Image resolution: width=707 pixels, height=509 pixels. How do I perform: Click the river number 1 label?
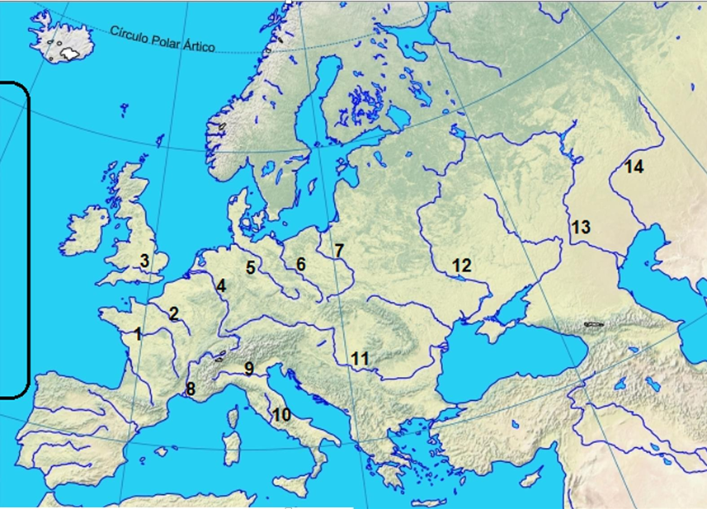137,334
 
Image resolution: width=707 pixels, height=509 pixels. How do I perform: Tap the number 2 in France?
174,313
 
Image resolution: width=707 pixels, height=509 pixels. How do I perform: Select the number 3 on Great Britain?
144,262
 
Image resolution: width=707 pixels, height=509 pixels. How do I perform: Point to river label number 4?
221,286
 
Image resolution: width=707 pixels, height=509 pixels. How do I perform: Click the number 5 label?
250,266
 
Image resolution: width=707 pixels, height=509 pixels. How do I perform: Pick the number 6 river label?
300,265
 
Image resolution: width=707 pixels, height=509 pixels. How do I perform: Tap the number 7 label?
338,249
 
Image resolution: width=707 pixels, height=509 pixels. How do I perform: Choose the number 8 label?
191,389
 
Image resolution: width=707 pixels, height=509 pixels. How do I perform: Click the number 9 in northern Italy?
248,369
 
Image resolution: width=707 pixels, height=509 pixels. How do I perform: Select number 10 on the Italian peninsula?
281,414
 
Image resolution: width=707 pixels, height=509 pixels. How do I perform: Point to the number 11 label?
359,359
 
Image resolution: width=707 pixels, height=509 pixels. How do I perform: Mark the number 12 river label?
462,266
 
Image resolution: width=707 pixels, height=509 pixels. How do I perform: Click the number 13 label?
581,227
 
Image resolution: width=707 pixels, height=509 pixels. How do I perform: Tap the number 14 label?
634,167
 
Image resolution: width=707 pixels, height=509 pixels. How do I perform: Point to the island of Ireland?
86,233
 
